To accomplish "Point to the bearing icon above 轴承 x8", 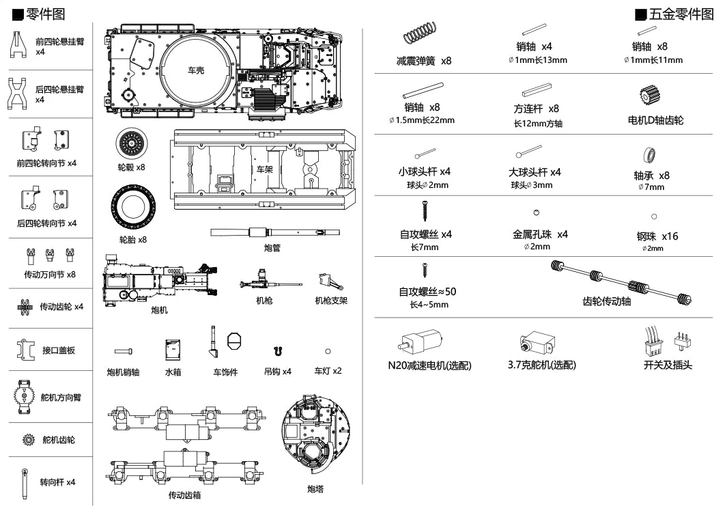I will coord(650,155).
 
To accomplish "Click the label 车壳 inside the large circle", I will coord(196,70).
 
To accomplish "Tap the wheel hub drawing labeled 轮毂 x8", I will coord(130,143).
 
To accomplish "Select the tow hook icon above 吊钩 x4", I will coord(277,351).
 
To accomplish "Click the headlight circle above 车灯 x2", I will coord(328,351).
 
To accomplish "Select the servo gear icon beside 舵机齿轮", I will coord(28,440).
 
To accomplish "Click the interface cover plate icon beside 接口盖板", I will coord(26,350).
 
